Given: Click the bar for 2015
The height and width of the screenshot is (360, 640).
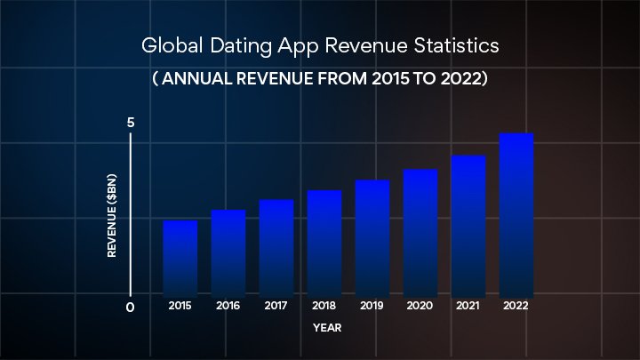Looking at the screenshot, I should [180, 258].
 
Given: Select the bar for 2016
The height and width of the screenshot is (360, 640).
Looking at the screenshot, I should [228, 252].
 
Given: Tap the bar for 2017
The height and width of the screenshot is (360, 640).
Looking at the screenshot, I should [276, 247].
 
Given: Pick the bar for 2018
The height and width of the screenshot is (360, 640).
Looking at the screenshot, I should [324, 243].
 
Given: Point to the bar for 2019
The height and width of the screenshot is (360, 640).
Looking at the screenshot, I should [372, 237].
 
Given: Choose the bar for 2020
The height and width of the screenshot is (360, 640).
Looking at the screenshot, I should [420, 232].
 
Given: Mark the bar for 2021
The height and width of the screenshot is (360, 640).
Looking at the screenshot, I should [468, 226].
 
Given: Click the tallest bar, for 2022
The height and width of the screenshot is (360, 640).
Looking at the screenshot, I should [516, 214].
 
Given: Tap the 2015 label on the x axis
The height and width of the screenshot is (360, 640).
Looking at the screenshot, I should [180, 306].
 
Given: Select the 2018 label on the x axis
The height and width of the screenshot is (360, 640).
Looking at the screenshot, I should [324, 306].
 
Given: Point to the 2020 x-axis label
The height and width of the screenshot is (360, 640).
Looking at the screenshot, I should [420, 306].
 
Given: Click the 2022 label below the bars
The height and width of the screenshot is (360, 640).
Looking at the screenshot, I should [516, 306].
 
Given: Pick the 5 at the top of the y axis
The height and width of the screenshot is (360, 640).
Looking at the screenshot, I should [131, 122].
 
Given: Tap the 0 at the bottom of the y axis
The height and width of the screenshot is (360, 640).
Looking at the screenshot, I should [131, 308].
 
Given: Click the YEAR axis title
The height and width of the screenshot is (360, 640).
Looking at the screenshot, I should [326, 328].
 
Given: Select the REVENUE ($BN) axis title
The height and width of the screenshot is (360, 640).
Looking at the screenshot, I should [113, 214].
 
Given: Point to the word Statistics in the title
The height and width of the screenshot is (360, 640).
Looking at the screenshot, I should [452, 44].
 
